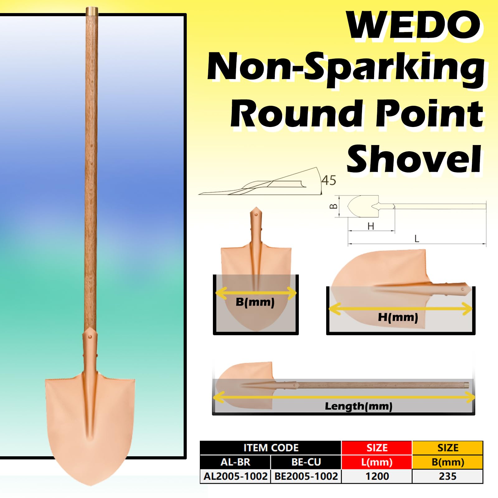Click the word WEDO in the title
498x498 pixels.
pyautogui.click(x=414, y=25)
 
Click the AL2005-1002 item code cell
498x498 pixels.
pyautogui.click(x=235, y=476)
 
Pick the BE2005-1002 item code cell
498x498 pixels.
pyautogui.click(x=306, y=476)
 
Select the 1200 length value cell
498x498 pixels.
pyautogui.click(x=377, y=476)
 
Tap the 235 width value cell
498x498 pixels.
pyautogui.click(x=448, y=476)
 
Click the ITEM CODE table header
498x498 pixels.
pyautogui.click(x=270, y=448)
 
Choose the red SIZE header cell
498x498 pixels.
pyautogui.click(x=377, y=448)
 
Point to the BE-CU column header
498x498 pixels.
pyautogui.click(x=306, y=462)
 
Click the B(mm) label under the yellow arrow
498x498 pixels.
pyautogui.click(x=255, y=302)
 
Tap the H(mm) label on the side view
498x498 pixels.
pyautogui.click(x=398, y=317)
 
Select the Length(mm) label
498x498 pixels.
pyautogui.click(x=359, y=406)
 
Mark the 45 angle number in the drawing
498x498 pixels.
pyautogui.click(x=329, y=180)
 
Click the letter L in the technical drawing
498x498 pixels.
pyautogui.click(x=417, y=239)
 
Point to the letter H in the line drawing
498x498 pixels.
pyautogui.click(x=370, y=226)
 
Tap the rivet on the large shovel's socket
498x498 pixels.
pyautogui.click(x=90, y=336)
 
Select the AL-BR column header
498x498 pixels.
pyautogui.click(x=235, y=462)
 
